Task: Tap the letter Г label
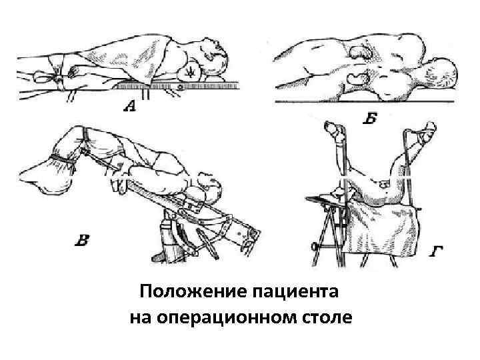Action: [x=437, y=250]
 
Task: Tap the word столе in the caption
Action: [x=327, y=315]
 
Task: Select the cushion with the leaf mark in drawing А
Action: [x=193, y=71]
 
